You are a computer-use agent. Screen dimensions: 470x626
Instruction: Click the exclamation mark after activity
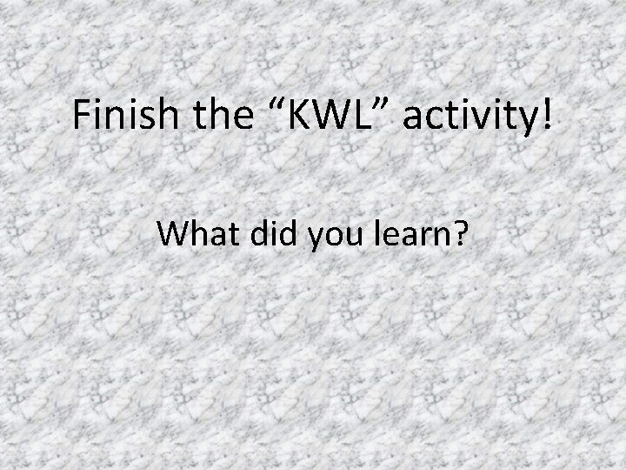(x=545, y=116)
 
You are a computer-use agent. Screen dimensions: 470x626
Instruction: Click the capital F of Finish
(x=82, y=116)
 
